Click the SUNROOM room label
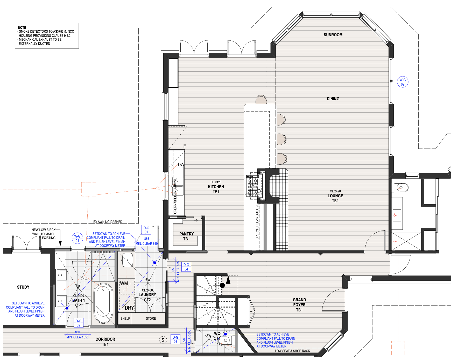click(333, 35)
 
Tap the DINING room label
click(333, 99)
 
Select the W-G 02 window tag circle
click(403, 82)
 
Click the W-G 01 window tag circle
click(77, 238)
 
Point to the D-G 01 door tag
click(146, 230)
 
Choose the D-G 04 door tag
click(186, 267)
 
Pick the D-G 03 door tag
click(175, 339)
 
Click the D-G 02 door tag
click(78, 323)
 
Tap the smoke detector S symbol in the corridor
click(163, 340)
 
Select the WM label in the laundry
click(124, 283)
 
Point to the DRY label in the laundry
click(129, 308)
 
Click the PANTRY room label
click(187, 234)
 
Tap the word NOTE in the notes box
click(22, 27)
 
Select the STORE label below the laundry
click(151, 318)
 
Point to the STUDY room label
click(23, 287)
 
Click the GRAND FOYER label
click(299, 302)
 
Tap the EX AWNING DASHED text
click(108, 222)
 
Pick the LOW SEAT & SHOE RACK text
click(292, 351)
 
